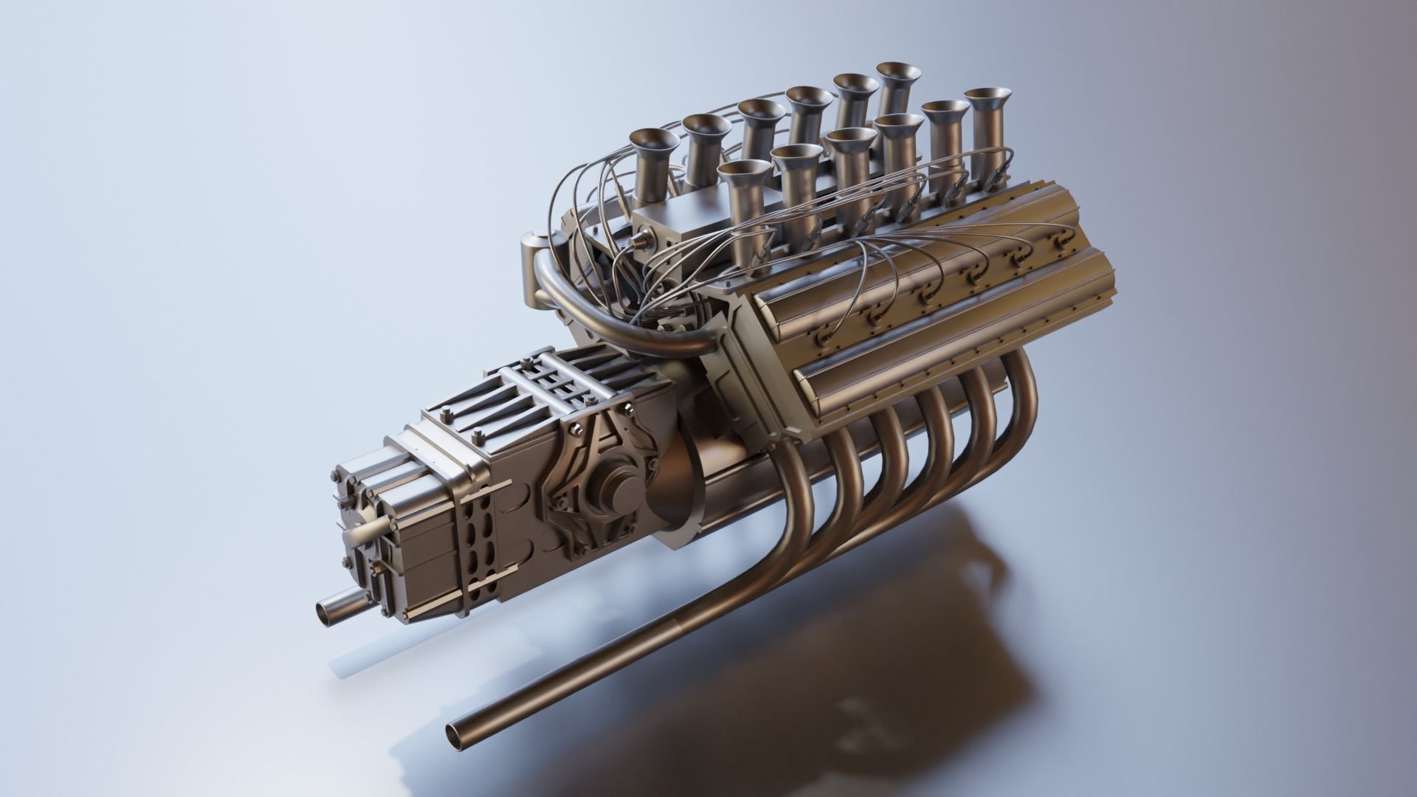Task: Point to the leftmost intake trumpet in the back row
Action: click(x=652, y=143)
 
